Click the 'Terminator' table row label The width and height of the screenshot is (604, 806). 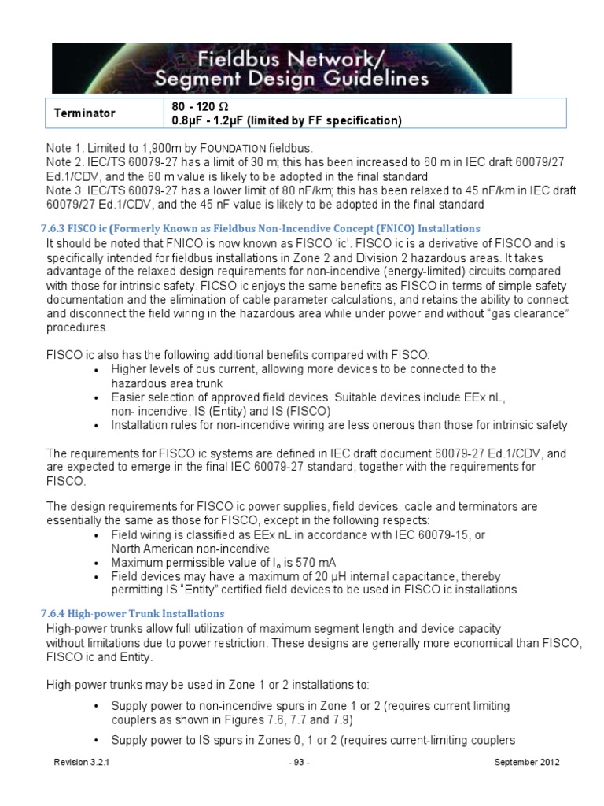(84, 113)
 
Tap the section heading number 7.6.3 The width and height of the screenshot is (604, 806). (57, 228)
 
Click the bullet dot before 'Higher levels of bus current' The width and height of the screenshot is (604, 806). (97, 369)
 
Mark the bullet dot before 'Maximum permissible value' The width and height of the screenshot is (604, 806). (97, 564)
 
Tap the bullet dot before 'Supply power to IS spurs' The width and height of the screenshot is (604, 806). (97, 741)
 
